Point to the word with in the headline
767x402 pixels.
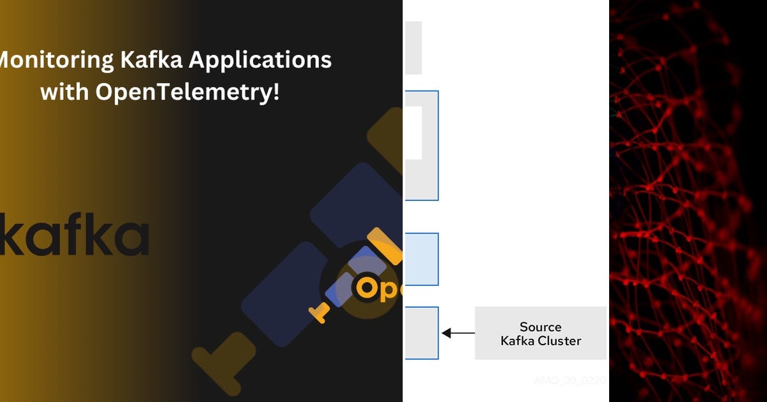pyautogui.click(x=65, y=92)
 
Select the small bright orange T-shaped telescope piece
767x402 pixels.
pyautogui.click(x=320, y=312)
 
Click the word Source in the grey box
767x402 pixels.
pyautogui.click(x=540, y=327)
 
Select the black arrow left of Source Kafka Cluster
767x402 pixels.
pyautogui.click(x=458, y=333)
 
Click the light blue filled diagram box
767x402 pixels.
pyautogui.click(x=420, y=259)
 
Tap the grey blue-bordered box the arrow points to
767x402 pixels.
pyautogui.click(x=420, y=333)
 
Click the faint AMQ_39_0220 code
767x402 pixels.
pyautogui.click(x=569, y=381)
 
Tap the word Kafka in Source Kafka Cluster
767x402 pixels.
pyautogui.click(x=518, y=341)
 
